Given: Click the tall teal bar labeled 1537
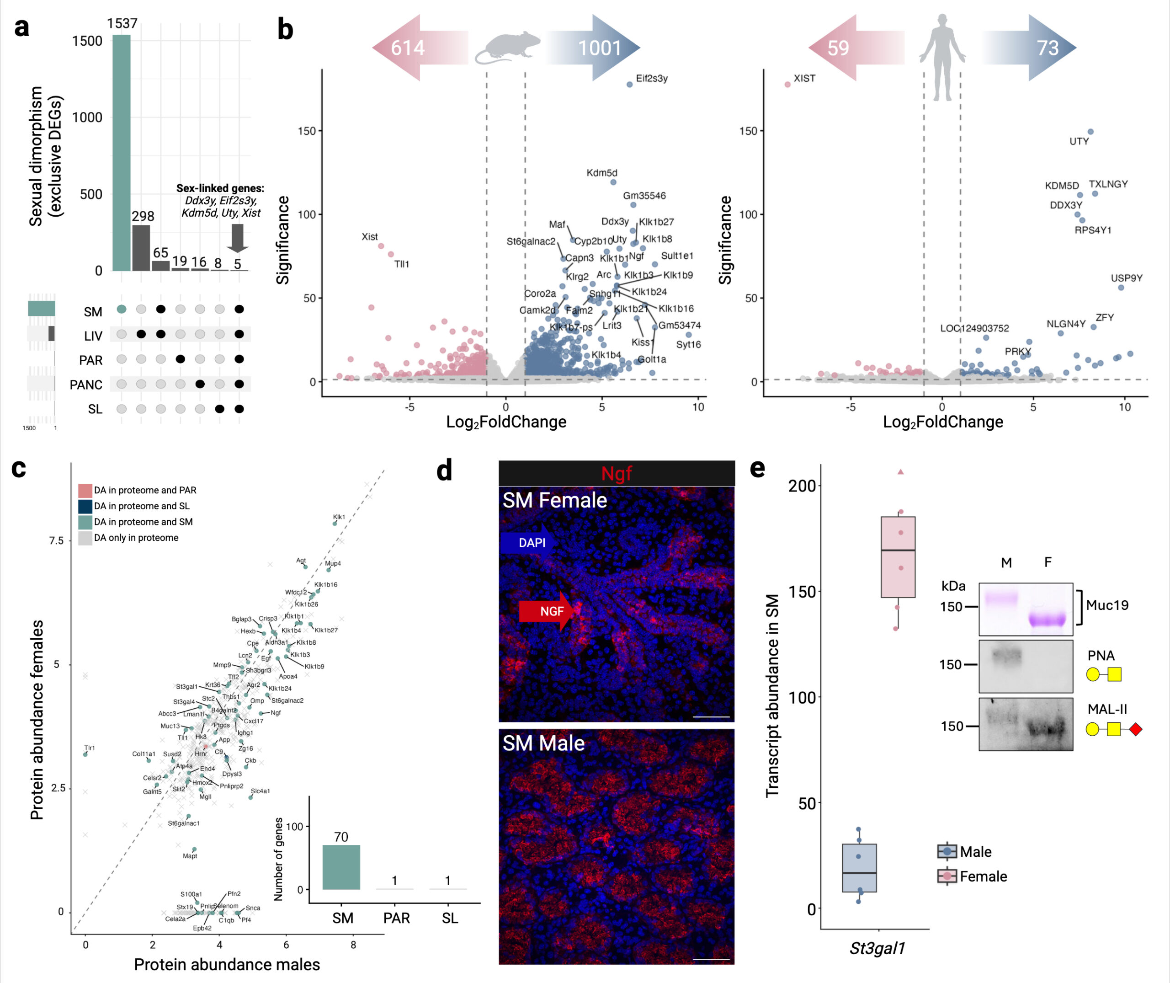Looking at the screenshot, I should (x=122, y=153).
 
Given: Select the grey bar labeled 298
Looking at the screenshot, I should (x=141, y=248).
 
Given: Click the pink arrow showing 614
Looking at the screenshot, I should (x=412, y=48).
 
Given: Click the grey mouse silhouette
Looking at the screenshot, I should (x=507, y=48).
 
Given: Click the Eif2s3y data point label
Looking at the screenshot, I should (x=651, y=79).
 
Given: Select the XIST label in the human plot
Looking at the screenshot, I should (x=804, y=79).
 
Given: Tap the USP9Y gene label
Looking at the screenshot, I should (x=1126, y=278).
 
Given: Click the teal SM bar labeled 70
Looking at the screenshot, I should (x=341, y=867).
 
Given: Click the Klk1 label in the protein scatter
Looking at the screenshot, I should (x=339, y=517).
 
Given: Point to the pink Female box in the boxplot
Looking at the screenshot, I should (x=898, y=557).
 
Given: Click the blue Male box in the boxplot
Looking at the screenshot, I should (x=859, y=868).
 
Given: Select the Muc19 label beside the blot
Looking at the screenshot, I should (x=1106, y=605).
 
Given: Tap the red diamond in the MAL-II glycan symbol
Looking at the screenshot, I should (x=1135, y=729).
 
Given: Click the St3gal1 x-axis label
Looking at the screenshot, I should (x=877, y=948).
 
